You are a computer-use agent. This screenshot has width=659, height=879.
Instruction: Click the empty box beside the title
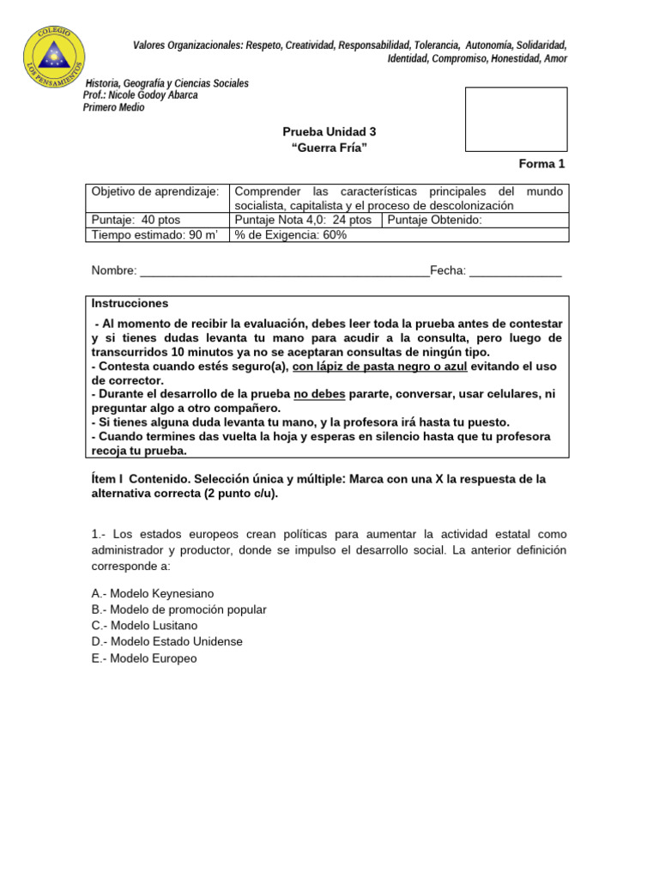click(x=516, y=119)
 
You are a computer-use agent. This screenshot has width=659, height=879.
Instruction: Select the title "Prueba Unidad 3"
click(x=329, y=131)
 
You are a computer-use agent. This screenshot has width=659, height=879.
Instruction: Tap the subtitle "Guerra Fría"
click(x=329, y=148)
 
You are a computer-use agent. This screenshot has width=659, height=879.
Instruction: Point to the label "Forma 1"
click(x=542, y=164)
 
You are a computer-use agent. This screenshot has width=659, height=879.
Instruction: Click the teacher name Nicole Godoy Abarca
click(x=141, y=95)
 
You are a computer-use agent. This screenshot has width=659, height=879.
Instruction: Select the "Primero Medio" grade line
click(x=113, y=107)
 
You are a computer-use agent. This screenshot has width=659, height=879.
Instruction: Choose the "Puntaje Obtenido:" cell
click(x=435, y=220)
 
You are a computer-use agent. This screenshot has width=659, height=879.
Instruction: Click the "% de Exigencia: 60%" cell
click(x=291, y=234)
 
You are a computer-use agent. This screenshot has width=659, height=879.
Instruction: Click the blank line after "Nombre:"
click(x=283, y=271)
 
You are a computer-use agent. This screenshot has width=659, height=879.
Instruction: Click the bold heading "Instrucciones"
click(x=130, y=304)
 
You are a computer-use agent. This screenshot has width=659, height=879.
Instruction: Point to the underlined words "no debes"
click(x=319, y=394)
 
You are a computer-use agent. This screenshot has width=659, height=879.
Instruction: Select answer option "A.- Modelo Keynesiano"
click(x=153, y=593)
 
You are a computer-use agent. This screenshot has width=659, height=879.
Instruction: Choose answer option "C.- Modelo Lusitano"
click(x=144, y=626)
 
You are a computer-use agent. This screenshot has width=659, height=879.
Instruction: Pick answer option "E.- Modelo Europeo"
click(x=144, y=658)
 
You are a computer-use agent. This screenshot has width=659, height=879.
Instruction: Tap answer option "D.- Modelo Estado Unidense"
click(x=167, y=642)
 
